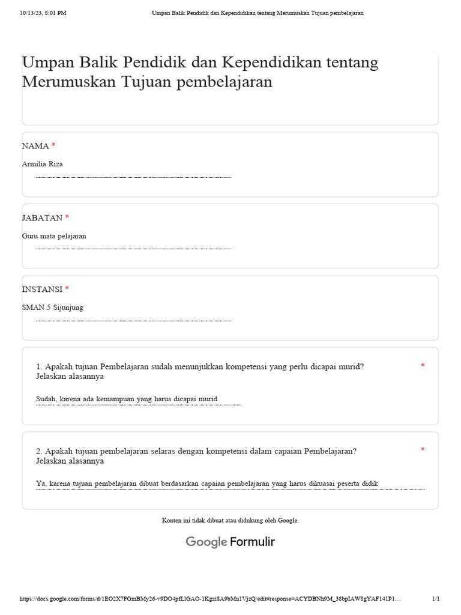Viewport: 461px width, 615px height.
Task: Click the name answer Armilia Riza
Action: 42,164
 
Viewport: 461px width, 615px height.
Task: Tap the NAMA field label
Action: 35,146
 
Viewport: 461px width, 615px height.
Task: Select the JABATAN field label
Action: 42,217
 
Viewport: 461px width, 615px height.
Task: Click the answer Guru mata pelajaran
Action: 54,236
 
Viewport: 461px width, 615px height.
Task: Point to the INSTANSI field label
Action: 42,289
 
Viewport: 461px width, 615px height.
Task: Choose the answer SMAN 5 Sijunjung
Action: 53,307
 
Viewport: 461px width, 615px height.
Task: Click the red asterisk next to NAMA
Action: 53,146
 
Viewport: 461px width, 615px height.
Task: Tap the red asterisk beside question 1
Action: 423,366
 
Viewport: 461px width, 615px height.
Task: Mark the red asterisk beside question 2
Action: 423,450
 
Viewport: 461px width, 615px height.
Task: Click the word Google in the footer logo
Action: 206,542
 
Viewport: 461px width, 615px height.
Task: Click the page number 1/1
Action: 436,599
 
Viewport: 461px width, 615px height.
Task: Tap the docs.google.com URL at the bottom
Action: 209,599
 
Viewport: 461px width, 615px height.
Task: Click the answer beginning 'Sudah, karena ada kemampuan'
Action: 127,399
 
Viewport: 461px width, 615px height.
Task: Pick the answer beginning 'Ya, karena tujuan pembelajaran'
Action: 207,483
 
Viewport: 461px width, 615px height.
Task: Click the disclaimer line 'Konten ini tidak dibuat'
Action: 230,520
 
